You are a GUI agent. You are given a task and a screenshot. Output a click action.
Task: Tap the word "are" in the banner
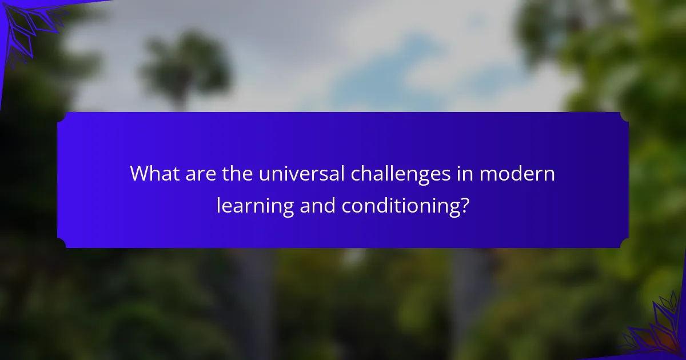click(201, 174)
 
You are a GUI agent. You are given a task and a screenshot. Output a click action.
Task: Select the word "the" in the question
click(237, 173)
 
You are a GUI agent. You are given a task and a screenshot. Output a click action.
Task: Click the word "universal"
click(302, 173)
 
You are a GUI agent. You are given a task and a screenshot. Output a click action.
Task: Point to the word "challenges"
click(401, 175)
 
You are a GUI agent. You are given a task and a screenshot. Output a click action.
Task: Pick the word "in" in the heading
click(465, 173)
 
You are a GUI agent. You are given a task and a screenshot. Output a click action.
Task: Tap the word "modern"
click(517, 173)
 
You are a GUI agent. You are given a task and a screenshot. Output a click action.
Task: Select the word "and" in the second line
click(318, 205)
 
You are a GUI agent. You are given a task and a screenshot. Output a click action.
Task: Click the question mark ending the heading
click(464, 205)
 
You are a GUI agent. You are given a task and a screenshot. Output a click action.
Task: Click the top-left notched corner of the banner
click(61, 117)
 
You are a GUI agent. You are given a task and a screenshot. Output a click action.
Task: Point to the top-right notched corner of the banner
click(625, 117)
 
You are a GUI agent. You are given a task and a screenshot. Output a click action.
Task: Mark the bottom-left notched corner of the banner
click(61, 243)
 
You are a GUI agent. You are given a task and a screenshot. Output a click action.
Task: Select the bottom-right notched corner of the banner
click(625, 243)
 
